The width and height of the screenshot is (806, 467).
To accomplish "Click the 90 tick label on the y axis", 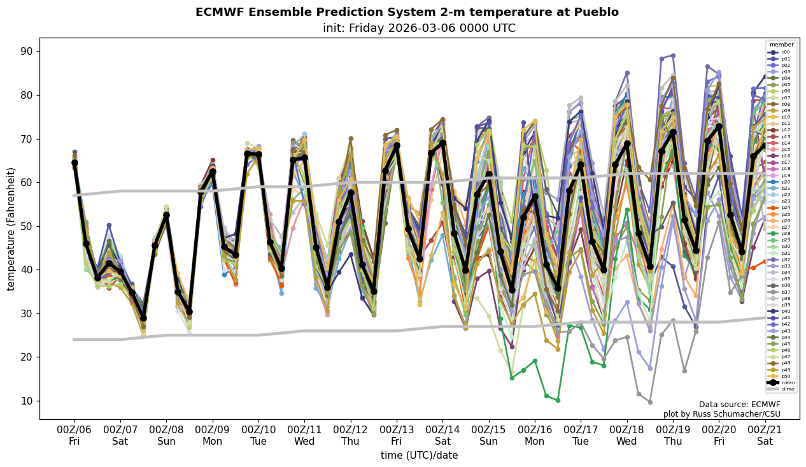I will point(28,51).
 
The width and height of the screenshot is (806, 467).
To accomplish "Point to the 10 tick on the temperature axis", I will point(28,401).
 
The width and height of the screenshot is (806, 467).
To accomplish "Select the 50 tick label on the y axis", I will point(28,226).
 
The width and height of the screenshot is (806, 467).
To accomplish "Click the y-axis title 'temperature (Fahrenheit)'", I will point(11,229).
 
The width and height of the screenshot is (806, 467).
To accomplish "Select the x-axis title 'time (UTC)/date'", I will point(419,456).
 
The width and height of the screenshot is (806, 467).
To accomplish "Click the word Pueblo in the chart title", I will point(598,12).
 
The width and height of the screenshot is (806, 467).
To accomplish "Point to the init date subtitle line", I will point(419,28).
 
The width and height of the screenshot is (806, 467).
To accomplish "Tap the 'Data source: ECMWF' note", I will point(739,405).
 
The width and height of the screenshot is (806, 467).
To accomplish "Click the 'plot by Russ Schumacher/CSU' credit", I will point(721,414).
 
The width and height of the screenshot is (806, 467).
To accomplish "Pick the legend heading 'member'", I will point(781,45).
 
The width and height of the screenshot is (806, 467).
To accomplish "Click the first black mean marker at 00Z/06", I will point(74,163).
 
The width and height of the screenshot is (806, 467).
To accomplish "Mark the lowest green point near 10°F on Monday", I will point(558,400).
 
